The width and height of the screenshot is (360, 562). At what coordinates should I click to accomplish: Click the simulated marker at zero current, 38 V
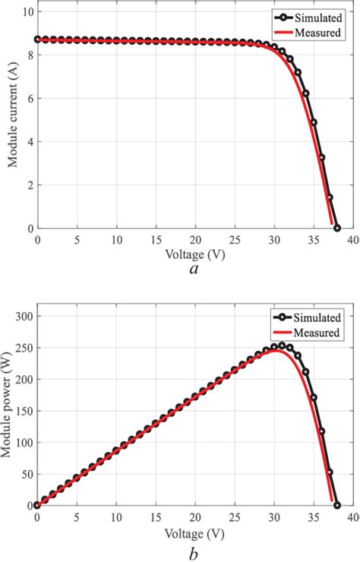(x=337, y=228)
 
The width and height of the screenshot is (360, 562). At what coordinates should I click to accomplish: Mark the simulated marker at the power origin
(x=37, y=505)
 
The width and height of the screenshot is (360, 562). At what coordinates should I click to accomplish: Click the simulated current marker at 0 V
(x=37, y=39)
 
